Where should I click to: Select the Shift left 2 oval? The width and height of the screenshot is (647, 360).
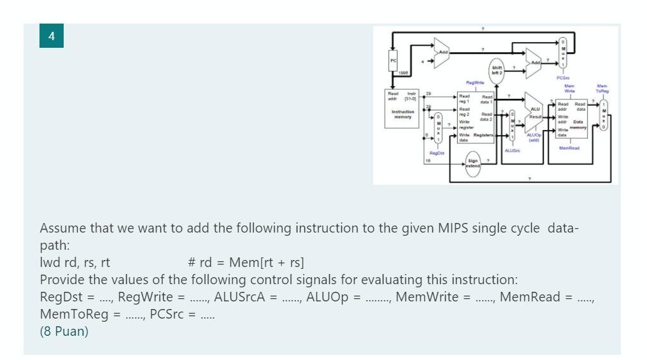click(496, 71)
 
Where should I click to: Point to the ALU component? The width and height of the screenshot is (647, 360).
click(533, 112)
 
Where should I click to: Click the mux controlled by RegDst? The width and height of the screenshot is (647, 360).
click(438, 129)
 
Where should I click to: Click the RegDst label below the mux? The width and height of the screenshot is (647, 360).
click(437, 153)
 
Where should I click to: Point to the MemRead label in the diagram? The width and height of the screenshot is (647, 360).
click(570, 149)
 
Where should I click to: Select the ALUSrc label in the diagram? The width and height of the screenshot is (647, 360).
click(513, 150)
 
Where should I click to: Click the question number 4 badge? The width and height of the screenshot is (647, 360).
click(50, 35)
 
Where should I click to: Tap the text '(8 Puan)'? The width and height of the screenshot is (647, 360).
click(64, 333)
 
